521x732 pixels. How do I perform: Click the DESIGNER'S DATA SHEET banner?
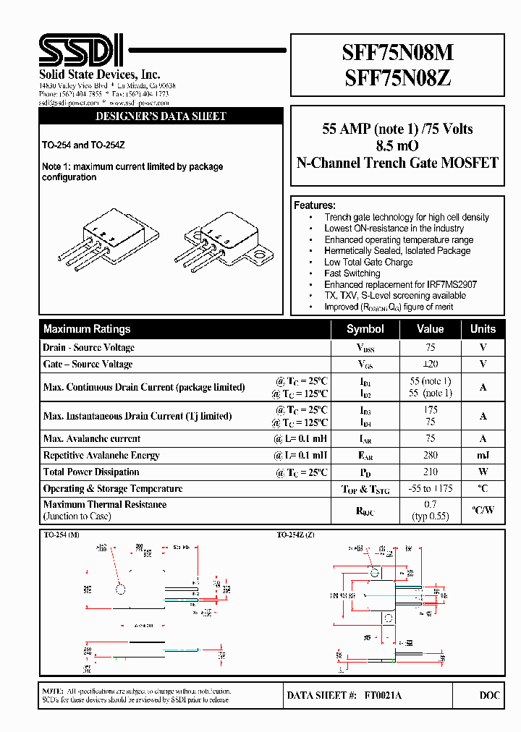pos(161,116)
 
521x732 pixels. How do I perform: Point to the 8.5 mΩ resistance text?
pos(397,146)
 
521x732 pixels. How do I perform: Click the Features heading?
pos(315,205)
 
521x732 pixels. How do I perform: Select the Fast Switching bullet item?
pos(352,273)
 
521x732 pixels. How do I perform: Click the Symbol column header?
pos(365,328)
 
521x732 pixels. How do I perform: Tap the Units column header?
pos(483,328)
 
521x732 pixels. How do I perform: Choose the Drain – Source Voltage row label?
pos(88,348)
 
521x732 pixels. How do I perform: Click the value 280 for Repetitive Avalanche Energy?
pos(430,456)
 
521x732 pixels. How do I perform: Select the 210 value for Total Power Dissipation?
pos(430,472)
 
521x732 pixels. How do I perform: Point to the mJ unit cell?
pos(483,456)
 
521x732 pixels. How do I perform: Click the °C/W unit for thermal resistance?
pos(483,511)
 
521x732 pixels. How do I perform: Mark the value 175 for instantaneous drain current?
pos(430,410)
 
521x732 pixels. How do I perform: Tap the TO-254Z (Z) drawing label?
pos(295,535)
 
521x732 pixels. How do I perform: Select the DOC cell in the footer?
pos(489,695)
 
